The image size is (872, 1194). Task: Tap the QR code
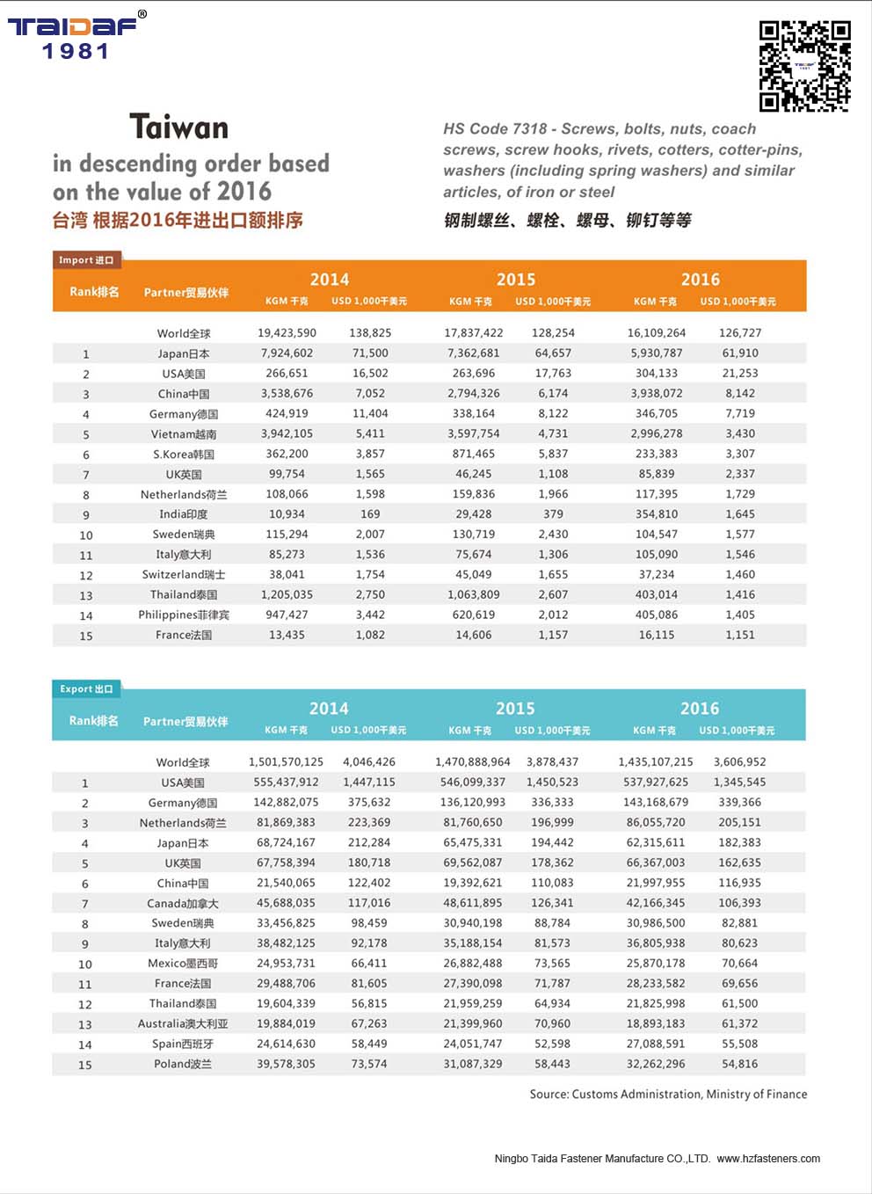804,66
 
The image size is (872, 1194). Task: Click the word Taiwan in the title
179,127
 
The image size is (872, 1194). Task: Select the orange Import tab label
86,259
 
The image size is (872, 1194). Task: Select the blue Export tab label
86,688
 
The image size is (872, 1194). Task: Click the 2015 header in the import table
516,280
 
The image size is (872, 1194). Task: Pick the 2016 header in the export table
700,709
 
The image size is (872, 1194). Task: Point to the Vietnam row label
184,434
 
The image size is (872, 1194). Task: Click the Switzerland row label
184,575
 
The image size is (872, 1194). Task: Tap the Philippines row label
184,615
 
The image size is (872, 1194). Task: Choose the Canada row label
183,904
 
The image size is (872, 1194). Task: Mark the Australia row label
183,1024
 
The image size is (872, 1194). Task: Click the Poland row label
183,1065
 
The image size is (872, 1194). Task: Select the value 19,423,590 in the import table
287,333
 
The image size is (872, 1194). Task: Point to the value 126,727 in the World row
740,333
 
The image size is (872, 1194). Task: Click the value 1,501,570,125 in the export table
286,762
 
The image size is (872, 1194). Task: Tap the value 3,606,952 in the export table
739,762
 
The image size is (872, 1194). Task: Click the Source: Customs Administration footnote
668,1095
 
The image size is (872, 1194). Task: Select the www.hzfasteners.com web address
768,1159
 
